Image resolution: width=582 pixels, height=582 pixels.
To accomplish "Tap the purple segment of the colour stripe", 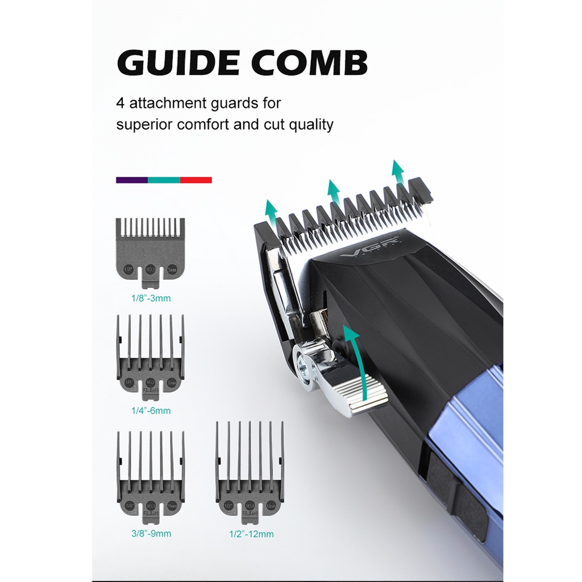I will tap(132, 180).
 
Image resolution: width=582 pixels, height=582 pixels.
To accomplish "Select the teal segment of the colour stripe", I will tap(164, 180).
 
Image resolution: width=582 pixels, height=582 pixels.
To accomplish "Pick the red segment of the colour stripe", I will tap(196, 180).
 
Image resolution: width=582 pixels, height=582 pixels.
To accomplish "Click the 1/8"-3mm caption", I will tap(151, 297).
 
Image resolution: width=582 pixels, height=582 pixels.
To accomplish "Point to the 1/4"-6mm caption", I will tap(151, 410).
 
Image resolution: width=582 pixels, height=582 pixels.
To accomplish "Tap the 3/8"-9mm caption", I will tap(151, 534).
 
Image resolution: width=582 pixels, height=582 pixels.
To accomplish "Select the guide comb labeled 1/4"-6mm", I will tap(151, 355).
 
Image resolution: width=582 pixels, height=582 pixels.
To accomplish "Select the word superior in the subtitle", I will tap(144, 124).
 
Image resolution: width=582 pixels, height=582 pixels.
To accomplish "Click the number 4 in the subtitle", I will tap(120, 103).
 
